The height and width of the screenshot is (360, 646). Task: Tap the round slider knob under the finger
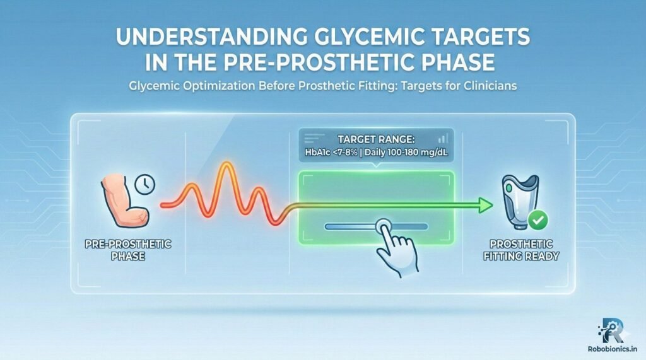click(382, 226)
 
